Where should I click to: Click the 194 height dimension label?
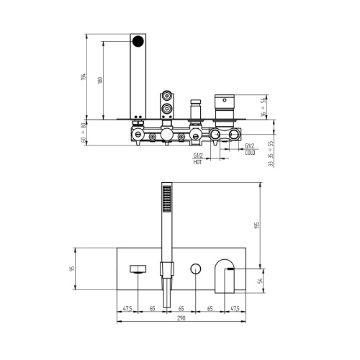84,77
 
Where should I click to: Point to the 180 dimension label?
100,80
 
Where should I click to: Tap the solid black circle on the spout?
138,41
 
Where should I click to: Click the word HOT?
197,162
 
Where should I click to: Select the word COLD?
250,153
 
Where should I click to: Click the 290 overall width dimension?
181,318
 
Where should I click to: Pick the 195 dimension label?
257,225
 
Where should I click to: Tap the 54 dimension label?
260,281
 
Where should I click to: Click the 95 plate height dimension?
72,269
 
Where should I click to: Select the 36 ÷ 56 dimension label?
264,107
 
